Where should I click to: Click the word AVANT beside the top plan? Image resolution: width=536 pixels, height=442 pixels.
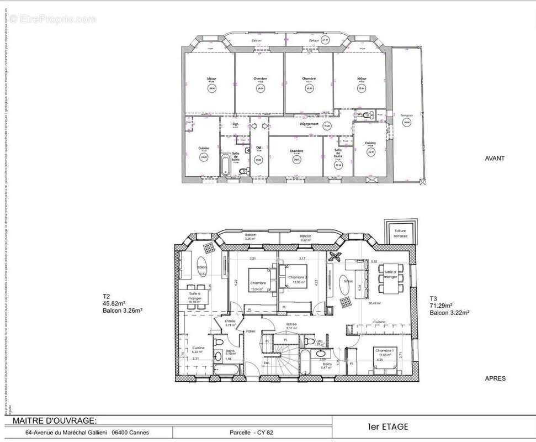pyautogui.click(x=495, y=158)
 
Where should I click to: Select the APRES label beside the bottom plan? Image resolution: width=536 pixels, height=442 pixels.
pyautogui.click(x=495, y=378)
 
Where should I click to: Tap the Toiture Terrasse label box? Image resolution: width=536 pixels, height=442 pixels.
pyautogui.click(x=400, y=233)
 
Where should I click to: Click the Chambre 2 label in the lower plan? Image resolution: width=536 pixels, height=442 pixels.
pyautogui.click(x=297, y=277)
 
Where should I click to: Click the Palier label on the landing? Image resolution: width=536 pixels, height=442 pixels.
pyautogui.click(x=251, y=331)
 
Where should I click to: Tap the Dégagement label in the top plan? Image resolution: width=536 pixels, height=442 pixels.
pyautogui.click(x=309, y=124)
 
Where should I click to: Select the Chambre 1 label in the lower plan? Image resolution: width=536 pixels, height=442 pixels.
pyautogui.click(x=384, y=350)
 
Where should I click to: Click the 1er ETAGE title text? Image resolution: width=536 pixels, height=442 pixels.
pyautogui.click(x=388, y=427)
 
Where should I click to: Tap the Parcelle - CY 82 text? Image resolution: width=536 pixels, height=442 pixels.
pyautogui.click(x=251, y=433)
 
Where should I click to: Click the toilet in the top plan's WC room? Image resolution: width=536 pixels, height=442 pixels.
pyautogui.click(x=372, y=115)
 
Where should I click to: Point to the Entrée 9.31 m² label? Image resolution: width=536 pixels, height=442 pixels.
pyautogui.click(x=291, y=326)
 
